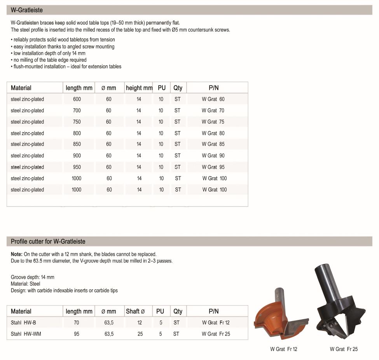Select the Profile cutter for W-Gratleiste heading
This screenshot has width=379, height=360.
(x=48, y=241)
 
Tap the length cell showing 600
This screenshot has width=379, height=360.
(x=77, y=99)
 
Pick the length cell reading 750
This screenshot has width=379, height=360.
(x=77, y=122)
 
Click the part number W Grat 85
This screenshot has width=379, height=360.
(x=213, y=144)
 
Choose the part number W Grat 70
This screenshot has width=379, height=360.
(x=213, y=110)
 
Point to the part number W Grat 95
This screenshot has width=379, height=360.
(x=213, y=167)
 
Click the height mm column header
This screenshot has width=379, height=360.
(x=139, y=88)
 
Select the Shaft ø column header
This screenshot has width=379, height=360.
(x=135, y=311)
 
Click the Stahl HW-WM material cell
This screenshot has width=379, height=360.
(x=26, y=334)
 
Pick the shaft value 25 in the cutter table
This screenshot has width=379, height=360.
(x=140, y=334)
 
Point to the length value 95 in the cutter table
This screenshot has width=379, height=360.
(x=76, y=334)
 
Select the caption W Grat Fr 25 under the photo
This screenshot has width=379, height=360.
(x=344, y=349)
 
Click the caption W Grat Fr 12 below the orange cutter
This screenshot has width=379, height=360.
(x=283, y=349)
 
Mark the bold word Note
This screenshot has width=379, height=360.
(x=16, y=254)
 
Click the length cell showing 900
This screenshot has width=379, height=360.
(x=77, y=156)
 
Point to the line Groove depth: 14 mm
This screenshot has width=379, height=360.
(x=33, y=277)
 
